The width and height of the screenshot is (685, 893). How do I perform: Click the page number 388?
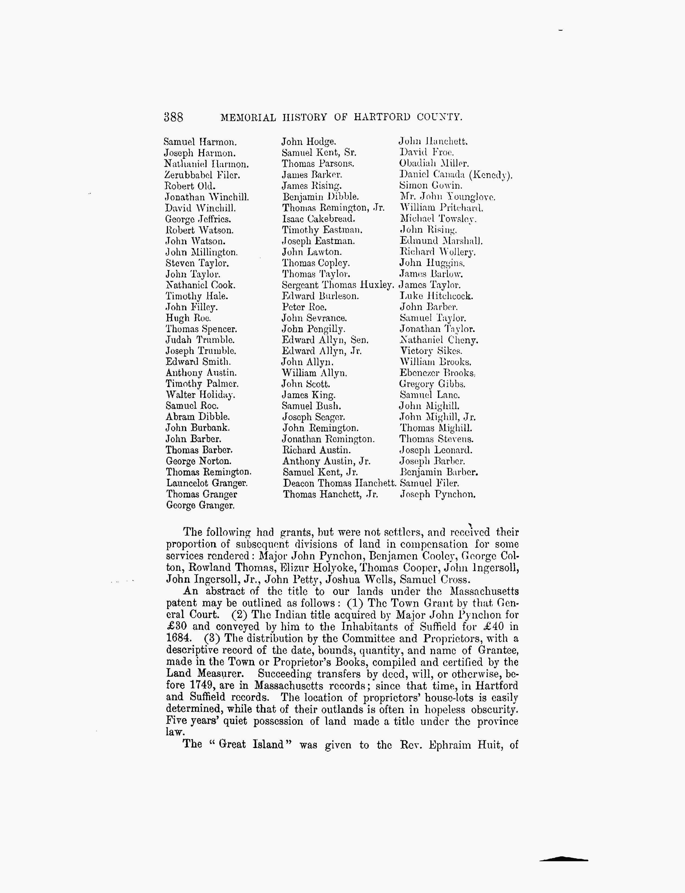click(173, 118)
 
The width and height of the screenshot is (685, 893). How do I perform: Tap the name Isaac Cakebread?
click(318, 219)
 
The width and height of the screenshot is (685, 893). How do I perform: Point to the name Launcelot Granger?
click(207, 483)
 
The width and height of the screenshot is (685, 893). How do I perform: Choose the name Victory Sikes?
click(431, 351)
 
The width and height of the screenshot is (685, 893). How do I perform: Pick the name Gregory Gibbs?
click(432, 384)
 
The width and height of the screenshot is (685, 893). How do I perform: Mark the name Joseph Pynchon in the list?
click(437, 495)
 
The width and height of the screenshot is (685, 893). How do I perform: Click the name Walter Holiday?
click(200, 395)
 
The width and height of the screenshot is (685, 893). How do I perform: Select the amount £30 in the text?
click(176, 626)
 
